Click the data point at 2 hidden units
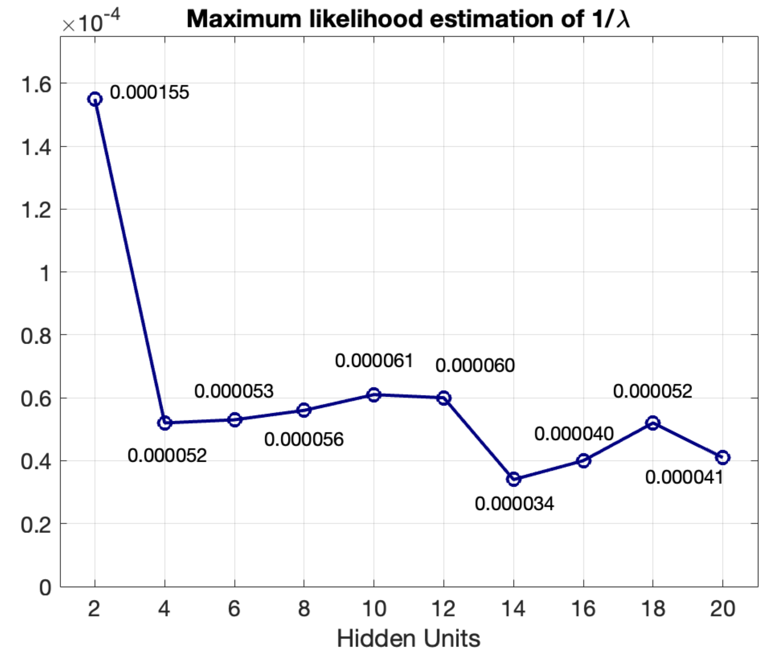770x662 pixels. click(x=95, y=99)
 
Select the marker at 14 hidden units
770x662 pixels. click(x=514, y=479)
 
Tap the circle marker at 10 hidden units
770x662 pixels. click(x=374, y=394)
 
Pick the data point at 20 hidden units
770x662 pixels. click(x=723, y=457)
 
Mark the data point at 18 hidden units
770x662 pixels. click(x=653, y=423)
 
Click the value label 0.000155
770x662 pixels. click(x=149, y=92)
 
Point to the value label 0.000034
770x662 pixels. click(x=514, y=504)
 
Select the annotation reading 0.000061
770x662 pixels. click(x=374, y=361)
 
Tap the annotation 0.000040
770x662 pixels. click(x=574, y=434)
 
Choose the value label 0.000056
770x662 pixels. click(x=304, y=439)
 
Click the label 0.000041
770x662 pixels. click(x=684, y=477)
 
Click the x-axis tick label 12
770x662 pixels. click(x=444, y=608)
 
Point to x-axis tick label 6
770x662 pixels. click(x=234, y=608)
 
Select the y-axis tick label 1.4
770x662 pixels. click(x=36, y=147)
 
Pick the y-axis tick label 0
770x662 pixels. click(x=45, y=587)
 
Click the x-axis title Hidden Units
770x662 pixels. click(x=409, y=638)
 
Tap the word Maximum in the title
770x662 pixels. click(x=244, y=19)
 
